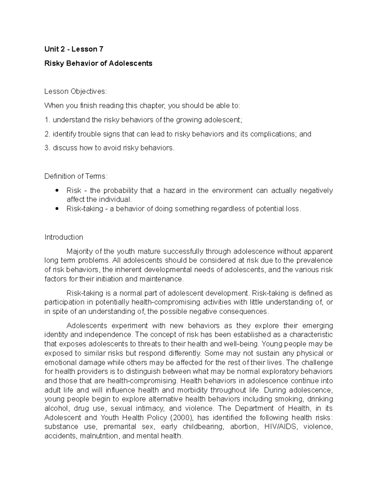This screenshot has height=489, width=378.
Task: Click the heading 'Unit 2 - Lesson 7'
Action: tap(74, 49)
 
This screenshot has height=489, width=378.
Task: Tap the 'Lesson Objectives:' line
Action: tap(76, 91)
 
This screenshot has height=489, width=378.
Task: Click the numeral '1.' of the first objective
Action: tap(47, 120)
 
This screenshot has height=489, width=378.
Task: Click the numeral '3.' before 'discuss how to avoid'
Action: tap(47, 148)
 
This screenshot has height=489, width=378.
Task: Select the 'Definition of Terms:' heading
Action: tap(76, 176)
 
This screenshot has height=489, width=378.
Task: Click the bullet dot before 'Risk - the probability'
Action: tap(57, 190)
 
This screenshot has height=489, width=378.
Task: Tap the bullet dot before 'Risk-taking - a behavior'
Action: tap(57, 208)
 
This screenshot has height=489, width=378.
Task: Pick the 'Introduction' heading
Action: tap(64, 237)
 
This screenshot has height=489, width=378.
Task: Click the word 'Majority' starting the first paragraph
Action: tap(79, 251)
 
